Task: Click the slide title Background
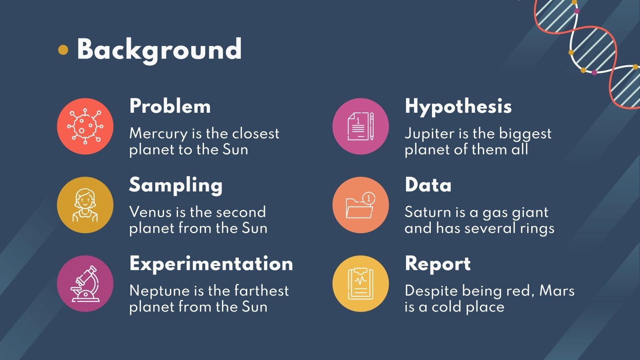point(159,50)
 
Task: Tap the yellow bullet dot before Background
point(63,50)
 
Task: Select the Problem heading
point(170,106)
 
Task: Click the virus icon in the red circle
point(85,126)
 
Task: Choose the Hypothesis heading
point(458,106)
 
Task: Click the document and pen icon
point(360,126)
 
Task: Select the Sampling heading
point(176,185)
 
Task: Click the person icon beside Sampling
point(85,205)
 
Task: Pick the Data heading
point(428,185)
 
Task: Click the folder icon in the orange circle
point(360,205)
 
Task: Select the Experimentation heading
point(211,264)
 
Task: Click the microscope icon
point(85,284)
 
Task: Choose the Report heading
point(438,264)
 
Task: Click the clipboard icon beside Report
point(360,284)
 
